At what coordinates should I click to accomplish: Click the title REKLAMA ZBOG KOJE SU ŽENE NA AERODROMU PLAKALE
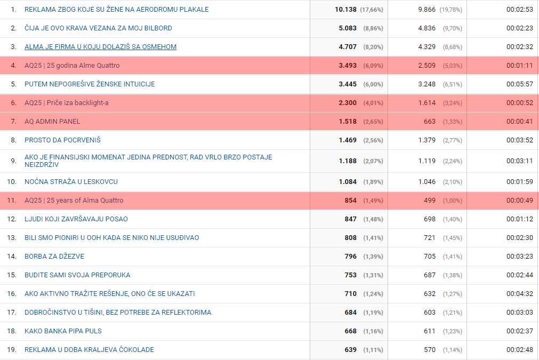pyautogui.click(x=116, y=10)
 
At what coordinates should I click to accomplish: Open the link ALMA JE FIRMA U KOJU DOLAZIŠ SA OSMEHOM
pyautogui.click(x=100, y=47)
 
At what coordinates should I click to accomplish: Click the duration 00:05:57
pyautogui.click(x=520, y=84)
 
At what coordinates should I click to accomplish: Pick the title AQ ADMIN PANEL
pyautogui.click(x=52, y=122)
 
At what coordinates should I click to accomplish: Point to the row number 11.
pyautogui.click(x=12, y=201)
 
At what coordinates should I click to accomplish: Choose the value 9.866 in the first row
pyautogui.click(x=427, y=10)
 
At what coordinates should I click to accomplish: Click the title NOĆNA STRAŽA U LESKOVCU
pyautogui.click(x=71, y=182)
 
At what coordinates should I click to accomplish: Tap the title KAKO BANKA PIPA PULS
pyautogui.click(x=63, y=331)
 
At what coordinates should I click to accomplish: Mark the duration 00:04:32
pyautogui.click(x=520, y=294)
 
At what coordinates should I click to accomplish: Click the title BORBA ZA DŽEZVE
pyautogui.click(x=54, y=257)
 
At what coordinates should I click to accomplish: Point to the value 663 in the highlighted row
pyautogui.click(x=430, y=122)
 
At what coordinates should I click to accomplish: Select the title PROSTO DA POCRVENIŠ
pyautogui.click(x=62, y=140)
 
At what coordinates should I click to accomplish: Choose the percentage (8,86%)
pyautogui.click(x=373, y=28)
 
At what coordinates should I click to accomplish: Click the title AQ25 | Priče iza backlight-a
pyautogui.click(x=66, y=103)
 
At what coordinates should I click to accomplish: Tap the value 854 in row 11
pyautogui.click(x=351, y=201)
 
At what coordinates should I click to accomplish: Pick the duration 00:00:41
pyautogui.click(x=520, y=122)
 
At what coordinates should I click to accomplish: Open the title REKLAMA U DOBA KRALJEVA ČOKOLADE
pyautogui.click(x=89, y=350)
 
